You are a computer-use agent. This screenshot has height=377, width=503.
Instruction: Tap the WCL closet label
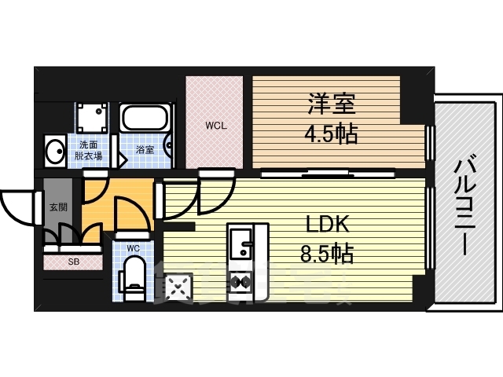point(216,126)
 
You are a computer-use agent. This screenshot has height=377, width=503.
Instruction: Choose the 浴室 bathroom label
point(144,148)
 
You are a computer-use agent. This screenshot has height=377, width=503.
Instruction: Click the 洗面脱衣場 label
point(88,149)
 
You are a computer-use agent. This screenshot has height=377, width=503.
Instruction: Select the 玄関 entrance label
point(58,207)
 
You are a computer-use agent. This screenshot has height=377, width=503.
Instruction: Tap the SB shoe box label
point(73,262)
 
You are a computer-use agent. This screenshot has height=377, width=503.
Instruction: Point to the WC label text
point(133,249)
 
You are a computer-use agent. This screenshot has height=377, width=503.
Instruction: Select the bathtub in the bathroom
point(144,120)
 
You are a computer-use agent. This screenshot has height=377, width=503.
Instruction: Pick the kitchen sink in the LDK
point(240,241)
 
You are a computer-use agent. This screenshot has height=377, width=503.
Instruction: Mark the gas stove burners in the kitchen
point(240,281)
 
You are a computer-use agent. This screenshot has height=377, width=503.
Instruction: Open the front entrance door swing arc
point(17,207)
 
